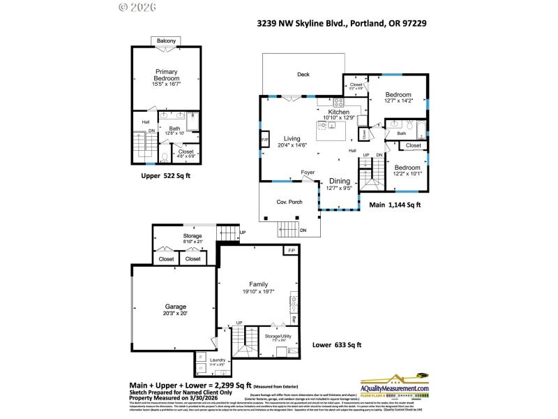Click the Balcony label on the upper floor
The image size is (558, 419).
pyautogui.click(x=166, y=41)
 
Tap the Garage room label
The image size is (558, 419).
pyautogui.click(x=176, y=307)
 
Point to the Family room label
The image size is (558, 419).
pyautogui.click(x=259, y=284)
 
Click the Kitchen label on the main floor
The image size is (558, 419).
pyautogui.click(x=339, y=112)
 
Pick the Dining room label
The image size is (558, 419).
pyautogui.click(x=340, y=181)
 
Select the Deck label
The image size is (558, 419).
pyautogui.click(x=303, y=75)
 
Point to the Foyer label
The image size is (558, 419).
pyautogui.click(x=308, y=172)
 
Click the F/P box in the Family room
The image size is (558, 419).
pyautogui.click(x=291, y=250)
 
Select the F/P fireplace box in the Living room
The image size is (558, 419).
pyautogui.click(x=265, y=140)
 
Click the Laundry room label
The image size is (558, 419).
pyautogui.click(x=218, y=360)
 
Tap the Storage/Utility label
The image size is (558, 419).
pyautogui.click(x=280, y=336)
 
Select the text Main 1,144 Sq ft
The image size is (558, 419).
pyautogui.click(x=395, y=205)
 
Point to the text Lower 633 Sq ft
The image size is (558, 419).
pyautogui.click(x=336, y=345)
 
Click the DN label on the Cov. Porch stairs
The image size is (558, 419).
pyautogui.click(x=303, y=230)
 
